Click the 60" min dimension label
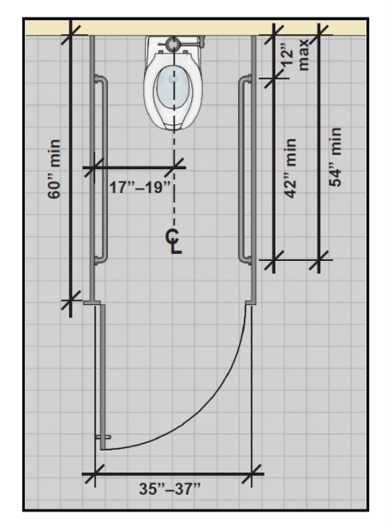[55, 169]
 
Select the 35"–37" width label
[170, 488]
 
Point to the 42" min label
[290, 168]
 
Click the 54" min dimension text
[335, 157]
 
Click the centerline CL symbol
[174, 242]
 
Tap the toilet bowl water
[173, 86]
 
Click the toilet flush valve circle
[173, 43]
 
